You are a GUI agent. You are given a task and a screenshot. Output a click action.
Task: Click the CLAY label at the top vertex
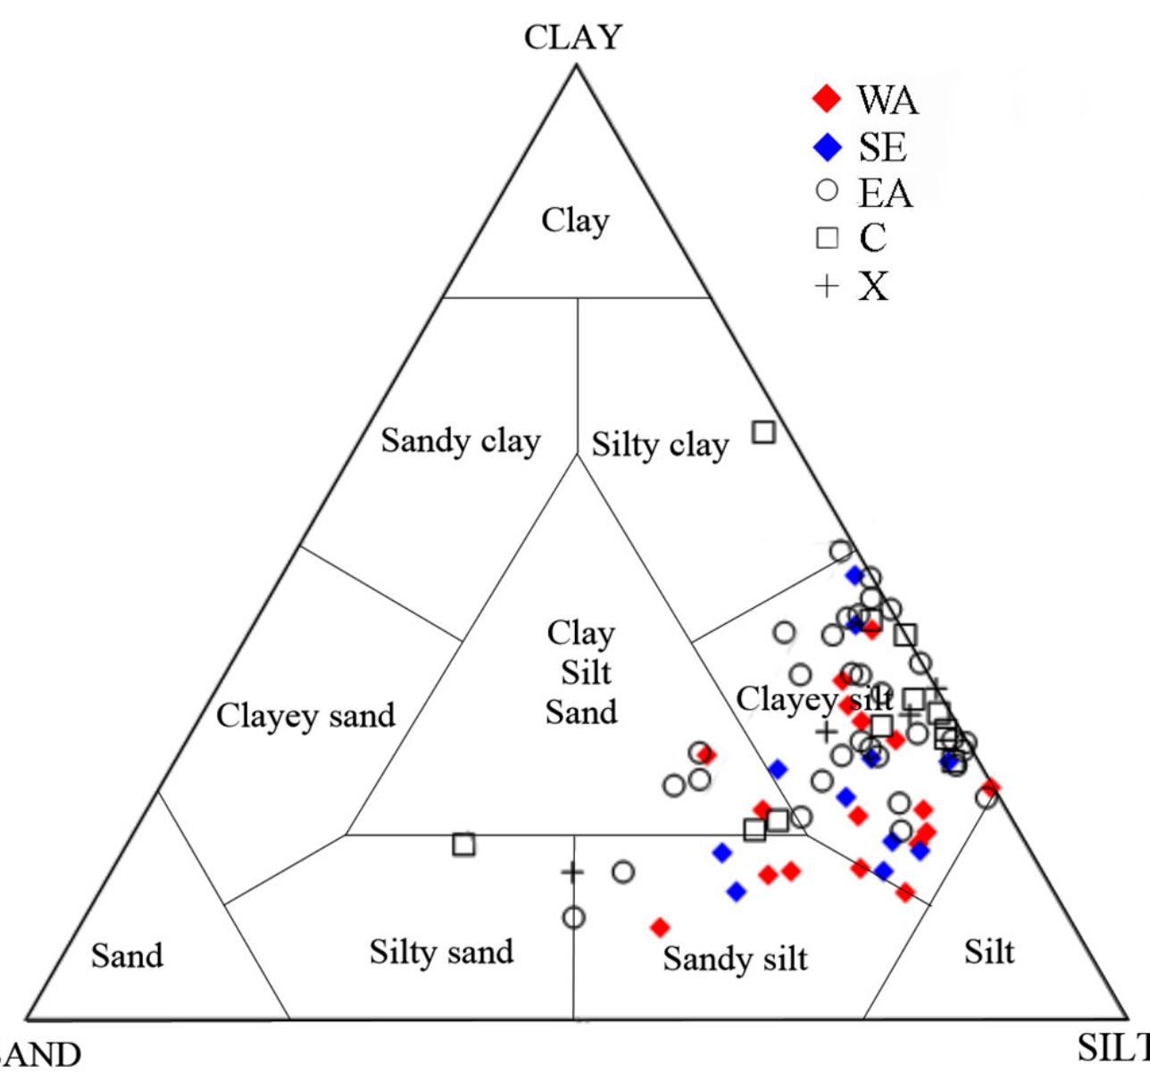(572, 37)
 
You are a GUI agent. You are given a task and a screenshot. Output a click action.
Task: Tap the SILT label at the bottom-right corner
(1112, 1047)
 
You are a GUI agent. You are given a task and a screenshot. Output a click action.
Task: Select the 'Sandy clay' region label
(460, 441)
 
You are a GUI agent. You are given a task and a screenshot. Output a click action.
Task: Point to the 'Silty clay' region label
(660, 445)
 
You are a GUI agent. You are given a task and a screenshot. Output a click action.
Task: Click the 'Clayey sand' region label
(305, 716)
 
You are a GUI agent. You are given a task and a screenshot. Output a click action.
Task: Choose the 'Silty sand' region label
(441, 953)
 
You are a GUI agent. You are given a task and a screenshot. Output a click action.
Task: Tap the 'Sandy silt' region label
(735, 959)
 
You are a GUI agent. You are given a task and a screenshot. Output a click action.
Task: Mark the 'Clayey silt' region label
(813, 699)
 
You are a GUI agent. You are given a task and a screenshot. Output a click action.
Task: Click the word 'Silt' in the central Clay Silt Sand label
(586, 672)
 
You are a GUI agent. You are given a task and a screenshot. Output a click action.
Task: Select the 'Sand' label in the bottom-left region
(127, 956)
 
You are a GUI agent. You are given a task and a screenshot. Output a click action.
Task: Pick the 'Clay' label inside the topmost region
(575, 221)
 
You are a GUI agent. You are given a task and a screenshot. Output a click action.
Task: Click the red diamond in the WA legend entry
(828, 98)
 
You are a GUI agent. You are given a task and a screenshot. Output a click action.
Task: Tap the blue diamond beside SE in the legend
(828, 146)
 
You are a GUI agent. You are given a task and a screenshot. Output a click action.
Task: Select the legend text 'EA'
(885, 194)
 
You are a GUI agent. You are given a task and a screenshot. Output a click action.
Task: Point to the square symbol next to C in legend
(828, 237)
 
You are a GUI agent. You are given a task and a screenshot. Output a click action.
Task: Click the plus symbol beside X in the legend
(828, 286)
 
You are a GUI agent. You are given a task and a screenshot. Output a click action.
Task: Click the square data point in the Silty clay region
(763, 432)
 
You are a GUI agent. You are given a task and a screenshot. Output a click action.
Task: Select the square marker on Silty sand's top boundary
(463, 844)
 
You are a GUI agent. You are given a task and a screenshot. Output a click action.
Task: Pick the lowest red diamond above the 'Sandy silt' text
(660, 928)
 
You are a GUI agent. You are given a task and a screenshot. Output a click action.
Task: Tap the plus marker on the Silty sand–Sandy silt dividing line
(572, 872)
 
